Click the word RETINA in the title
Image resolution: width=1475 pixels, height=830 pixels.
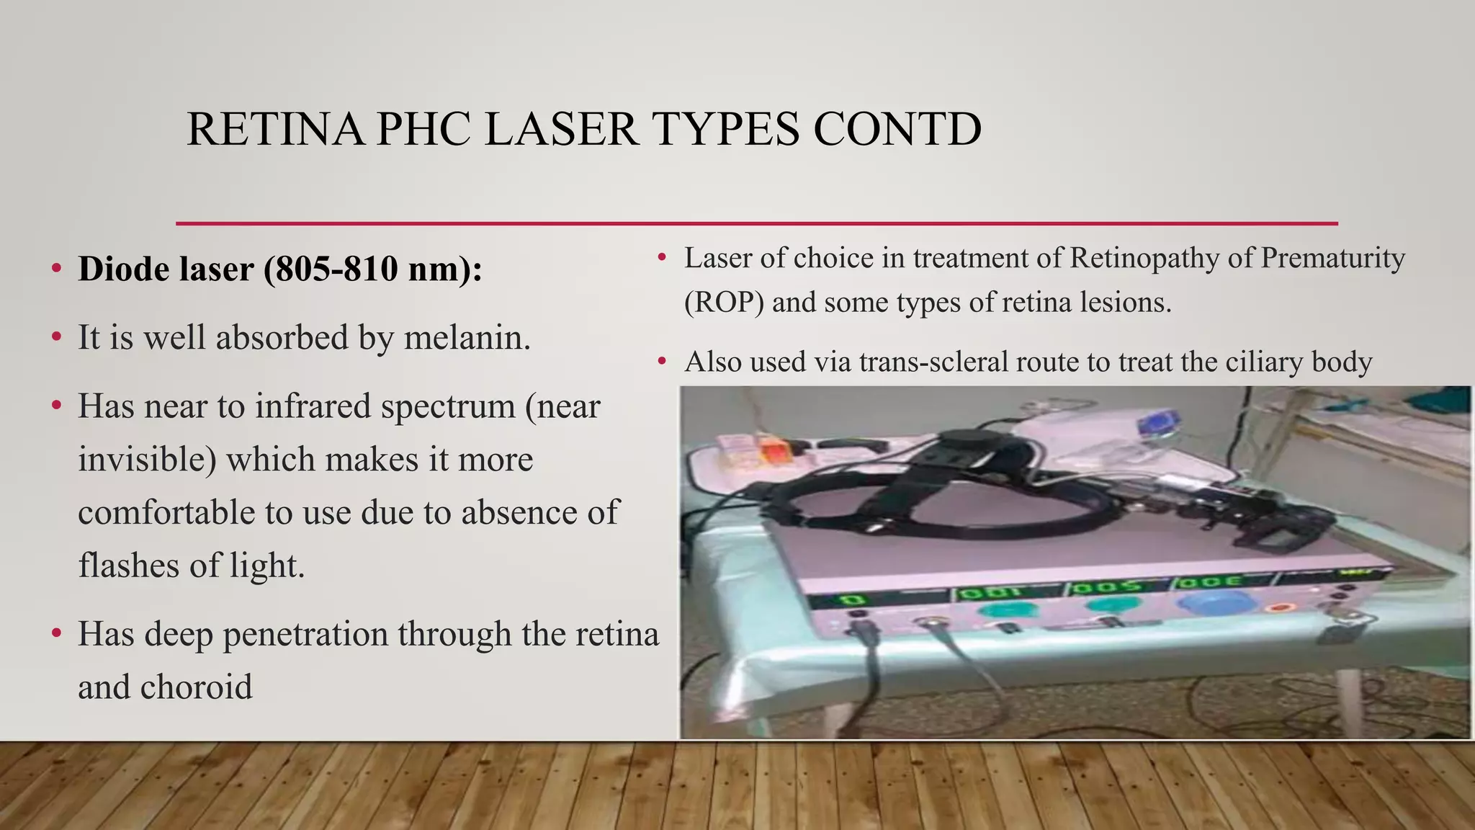[x=275, y=130]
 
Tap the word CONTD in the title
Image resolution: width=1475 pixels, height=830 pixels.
[x=897, y=130]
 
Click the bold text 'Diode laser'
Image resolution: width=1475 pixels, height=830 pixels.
[x=166, y=269]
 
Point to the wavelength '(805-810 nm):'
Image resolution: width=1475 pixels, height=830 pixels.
[x=373, y=269]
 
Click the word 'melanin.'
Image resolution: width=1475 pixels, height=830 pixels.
[x=467, y=337]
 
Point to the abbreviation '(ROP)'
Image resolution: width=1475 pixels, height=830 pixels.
[x=723, y=302]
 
